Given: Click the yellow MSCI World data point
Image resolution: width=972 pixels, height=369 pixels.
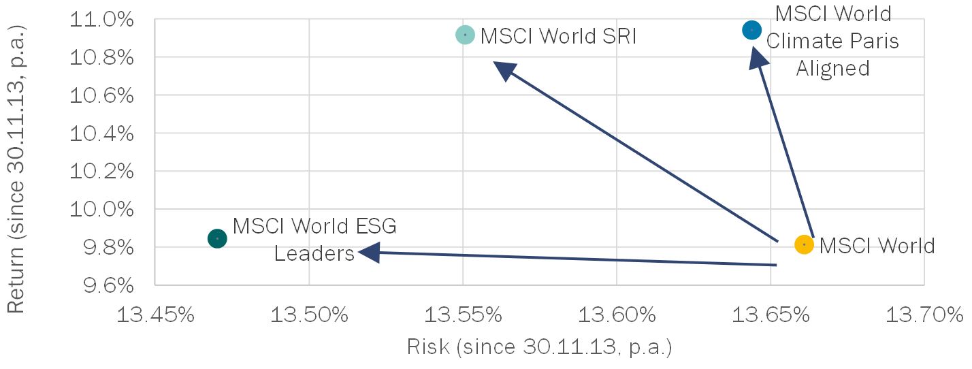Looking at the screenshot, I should click(x=804, y=244).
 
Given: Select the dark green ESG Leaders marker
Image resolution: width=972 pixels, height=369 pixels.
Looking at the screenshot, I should click(x=217, y=239).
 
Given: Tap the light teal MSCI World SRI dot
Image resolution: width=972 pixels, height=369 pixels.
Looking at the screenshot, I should click(x=465, y=35).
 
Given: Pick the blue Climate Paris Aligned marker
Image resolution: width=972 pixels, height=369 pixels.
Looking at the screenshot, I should click(x=751, y=30).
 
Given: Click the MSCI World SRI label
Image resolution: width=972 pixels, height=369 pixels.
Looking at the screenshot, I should click(x=558, y=35).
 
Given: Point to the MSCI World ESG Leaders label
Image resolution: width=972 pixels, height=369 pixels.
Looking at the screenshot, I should click(x=314, y=239).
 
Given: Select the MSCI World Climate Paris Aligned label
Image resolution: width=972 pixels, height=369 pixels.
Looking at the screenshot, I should click(x=832, y=41).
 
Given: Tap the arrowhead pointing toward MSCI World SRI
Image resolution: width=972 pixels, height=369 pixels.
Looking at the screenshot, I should click(x=504, y=70).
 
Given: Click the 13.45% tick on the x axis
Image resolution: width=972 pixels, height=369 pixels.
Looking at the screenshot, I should click(x=155, y=315).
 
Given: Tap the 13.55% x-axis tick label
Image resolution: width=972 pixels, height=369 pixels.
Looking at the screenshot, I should click(x=463, y=315).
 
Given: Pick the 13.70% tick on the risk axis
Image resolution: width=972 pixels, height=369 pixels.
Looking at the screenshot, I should click(x=924, y=315).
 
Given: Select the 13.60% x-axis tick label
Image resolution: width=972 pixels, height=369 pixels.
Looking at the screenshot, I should click(x=617, y=315).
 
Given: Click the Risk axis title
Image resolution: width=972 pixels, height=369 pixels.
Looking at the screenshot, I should click(x=539, y=347).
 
